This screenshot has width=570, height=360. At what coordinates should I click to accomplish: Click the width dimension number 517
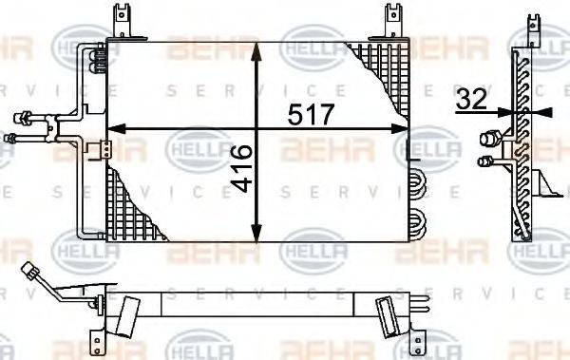(311, 115)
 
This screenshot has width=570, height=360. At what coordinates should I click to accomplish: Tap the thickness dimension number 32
(471, 98)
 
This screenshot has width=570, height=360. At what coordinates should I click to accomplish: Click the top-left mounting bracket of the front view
(120, 21)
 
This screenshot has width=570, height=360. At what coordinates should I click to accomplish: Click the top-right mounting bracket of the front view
(390, 21)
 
